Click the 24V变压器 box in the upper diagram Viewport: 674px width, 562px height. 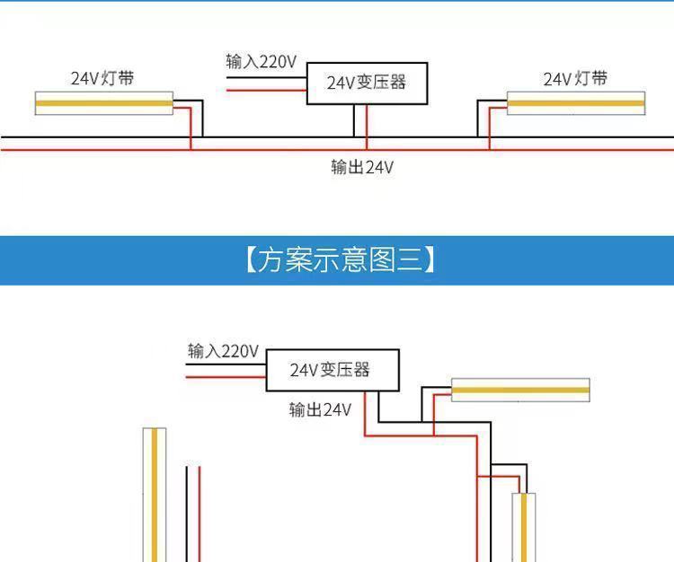367,83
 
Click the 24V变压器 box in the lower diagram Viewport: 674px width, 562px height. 331,370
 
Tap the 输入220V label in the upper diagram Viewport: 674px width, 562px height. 261,62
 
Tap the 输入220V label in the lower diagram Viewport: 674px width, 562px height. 223,350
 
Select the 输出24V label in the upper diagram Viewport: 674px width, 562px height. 362,167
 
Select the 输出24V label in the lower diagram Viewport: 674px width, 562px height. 320,409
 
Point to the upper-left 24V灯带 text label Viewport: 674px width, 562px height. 103,78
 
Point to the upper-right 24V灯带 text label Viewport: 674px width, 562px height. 575,79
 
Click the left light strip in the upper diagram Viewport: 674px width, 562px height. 103,103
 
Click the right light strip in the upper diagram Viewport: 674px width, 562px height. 576,103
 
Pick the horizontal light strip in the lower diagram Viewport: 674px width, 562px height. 520,391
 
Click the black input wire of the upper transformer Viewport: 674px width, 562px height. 266,76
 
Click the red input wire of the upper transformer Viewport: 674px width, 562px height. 266,91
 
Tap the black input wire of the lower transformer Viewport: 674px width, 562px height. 226,364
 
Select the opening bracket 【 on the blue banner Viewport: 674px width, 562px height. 251,260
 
